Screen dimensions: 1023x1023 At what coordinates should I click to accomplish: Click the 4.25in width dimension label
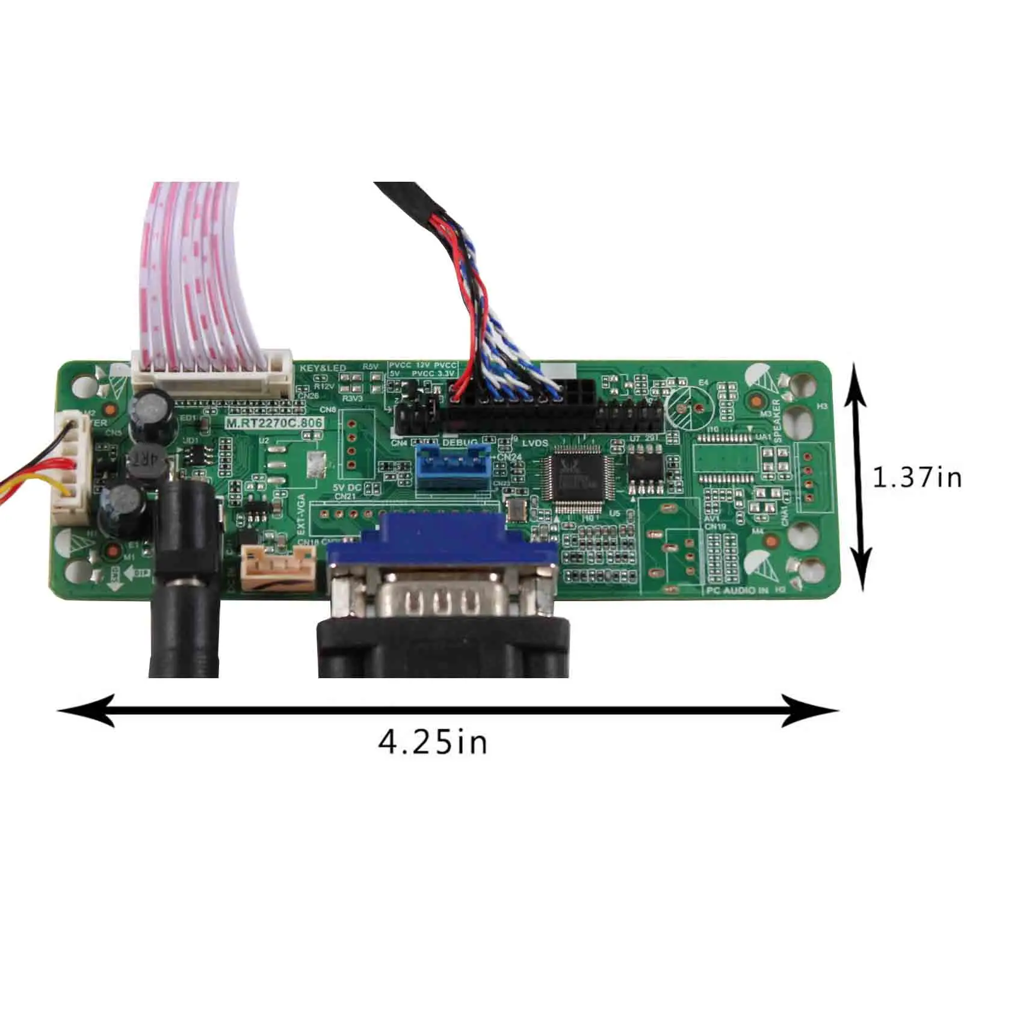433,742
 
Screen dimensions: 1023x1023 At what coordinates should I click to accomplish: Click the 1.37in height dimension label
917,478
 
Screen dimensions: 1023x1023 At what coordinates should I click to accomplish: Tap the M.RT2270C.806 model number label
274,423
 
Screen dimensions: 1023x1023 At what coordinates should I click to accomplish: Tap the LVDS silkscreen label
535,444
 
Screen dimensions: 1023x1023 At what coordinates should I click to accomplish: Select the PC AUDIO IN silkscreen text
737,591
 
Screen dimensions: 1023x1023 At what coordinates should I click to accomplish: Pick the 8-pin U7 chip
645,470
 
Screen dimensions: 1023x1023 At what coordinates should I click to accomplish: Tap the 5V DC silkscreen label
347,487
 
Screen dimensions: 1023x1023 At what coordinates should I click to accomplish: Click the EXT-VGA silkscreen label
301,515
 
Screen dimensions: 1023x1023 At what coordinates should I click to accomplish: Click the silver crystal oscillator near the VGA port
516,510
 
